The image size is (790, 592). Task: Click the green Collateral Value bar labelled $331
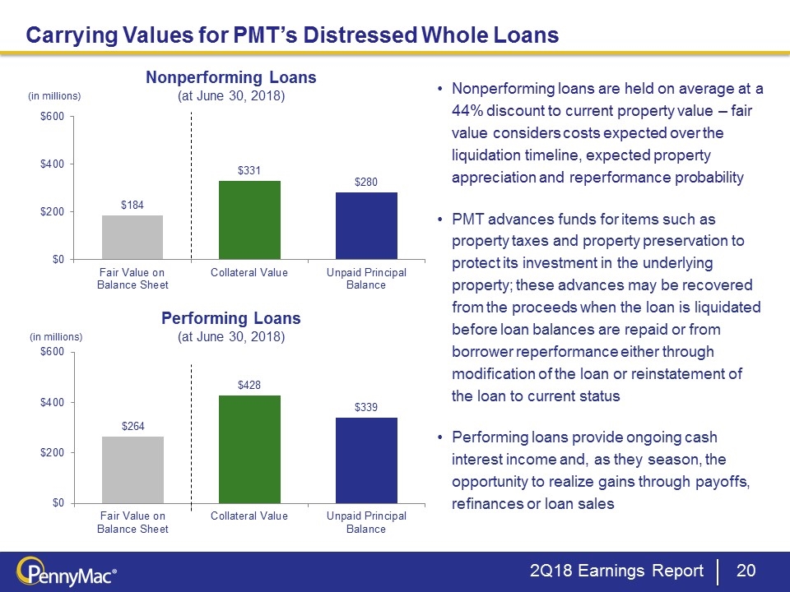pyautogui.click(x=249, y=220)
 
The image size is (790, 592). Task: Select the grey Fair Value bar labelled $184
pyautogui.click(x=132, y=237)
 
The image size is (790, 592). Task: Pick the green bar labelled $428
pyautogui.click(x=249, y=448)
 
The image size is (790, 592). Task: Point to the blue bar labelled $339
pyautogui.click(x=366, y=460)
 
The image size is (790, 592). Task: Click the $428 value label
pyautogui.click(x=249, y=385)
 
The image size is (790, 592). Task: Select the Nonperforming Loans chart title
pyautogui.click(x=231, y=77)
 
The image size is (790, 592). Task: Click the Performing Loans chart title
pyautogui.click(x=231, y=317)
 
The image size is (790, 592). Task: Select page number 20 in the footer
pyautogui.click(x=746, y=571)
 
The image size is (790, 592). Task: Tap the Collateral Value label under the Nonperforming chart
pyautogui.click(x=249, y=273)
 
